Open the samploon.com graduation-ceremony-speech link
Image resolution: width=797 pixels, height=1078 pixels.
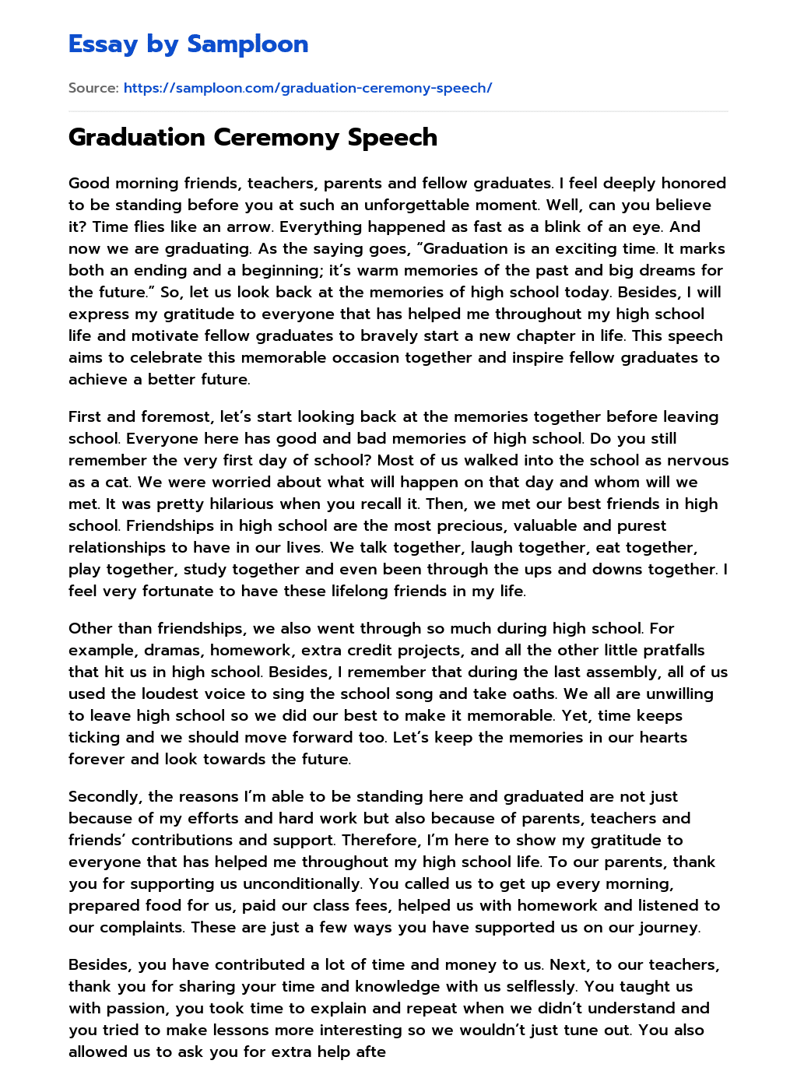(307, 88)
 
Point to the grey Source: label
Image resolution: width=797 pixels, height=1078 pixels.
(93, 88)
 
